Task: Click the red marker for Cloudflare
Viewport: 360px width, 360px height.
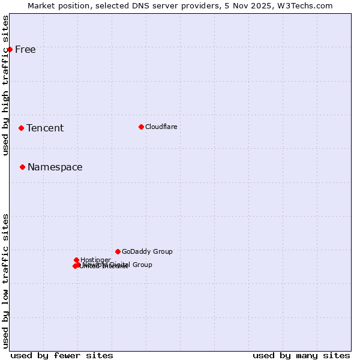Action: (x=141, y=127)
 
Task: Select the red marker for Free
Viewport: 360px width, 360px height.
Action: (x=10, y=49)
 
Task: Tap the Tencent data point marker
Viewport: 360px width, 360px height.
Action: (x=21, y=128)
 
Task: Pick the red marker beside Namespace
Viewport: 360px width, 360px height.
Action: (x=22, y=167)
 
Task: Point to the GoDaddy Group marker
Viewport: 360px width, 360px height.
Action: (x=118, y=251)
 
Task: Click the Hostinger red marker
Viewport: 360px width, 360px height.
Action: (x=76, y=260)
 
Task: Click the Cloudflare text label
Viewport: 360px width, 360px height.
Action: (x=161, y=127)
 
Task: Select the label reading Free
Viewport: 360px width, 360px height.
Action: (x=25, y=49)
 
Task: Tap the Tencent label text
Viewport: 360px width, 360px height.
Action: (x=45, y=128)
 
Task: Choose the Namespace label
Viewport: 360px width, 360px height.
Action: (x=55, y=167)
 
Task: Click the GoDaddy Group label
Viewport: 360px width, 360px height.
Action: (x=147, y=251)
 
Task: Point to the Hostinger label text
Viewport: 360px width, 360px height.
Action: (x=95, y=260)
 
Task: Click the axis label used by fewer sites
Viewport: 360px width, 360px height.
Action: (x=62, y=355)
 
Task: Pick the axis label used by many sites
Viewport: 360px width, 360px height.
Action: (x=301, y=355)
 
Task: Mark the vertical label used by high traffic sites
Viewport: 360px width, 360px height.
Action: (x=5, y=85)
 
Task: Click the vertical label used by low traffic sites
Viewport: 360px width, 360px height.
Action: (x=5, y=281)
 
